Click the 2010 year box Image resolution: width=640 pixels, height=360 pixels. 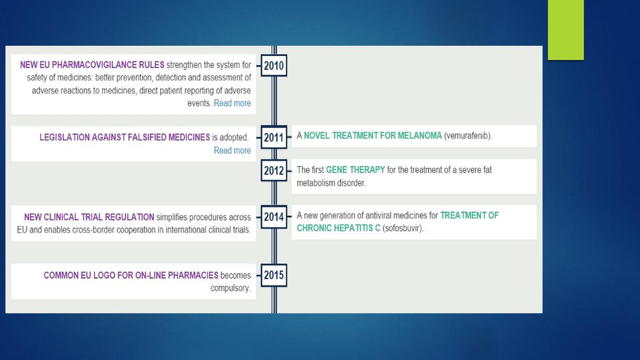coord(274,65)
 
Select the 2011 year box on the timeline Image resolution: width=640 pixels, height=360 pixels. coord(274,137)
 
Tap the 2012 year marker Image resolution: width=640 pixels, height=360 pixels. coord(274,170)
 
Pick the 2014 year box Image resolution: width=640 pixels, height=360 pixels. coord(274,217)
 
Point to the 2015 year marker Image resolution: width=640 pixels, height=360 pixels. coord(274,275)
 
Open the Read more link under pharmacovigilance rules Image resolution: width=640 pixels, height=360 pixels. coord(232,103)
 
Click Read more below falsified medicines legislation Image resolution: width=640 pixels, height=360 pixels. coord(232,151)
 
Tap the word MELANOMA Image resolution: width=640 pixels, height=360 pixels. coord(419,135)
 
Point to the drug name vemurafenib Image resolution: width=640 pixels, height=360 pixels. coord(468,135)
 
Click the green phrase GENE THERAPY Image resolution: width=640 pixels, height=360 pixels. coord(355,170)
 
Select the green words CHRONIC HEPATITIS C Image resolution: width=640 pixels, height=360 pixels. coord(339,228)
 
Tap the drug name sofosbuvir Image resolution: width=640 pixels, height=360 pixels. coord(403,228)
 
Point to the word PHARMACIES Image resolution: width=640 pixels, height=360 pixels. coord(193,275)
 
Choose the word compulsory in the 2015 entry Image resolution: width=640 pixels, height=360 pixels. coord(231,288)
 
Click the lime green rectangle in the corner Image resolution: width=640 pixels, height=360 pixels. coord(566,30)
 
